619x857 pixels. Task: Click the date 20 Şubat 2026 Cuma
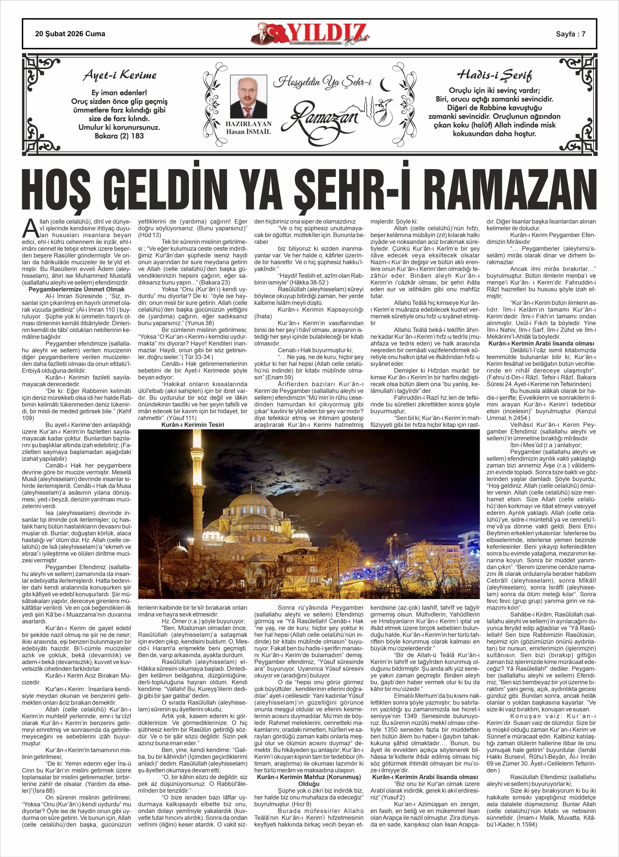70,34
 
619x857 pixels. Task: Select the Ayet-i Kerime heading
120,75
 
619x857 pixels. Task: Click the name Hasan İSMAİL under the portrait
248,132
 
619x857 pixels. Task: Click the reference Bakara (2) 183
120,136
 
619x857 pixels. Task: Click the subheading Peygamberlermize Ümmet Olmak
77,289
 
